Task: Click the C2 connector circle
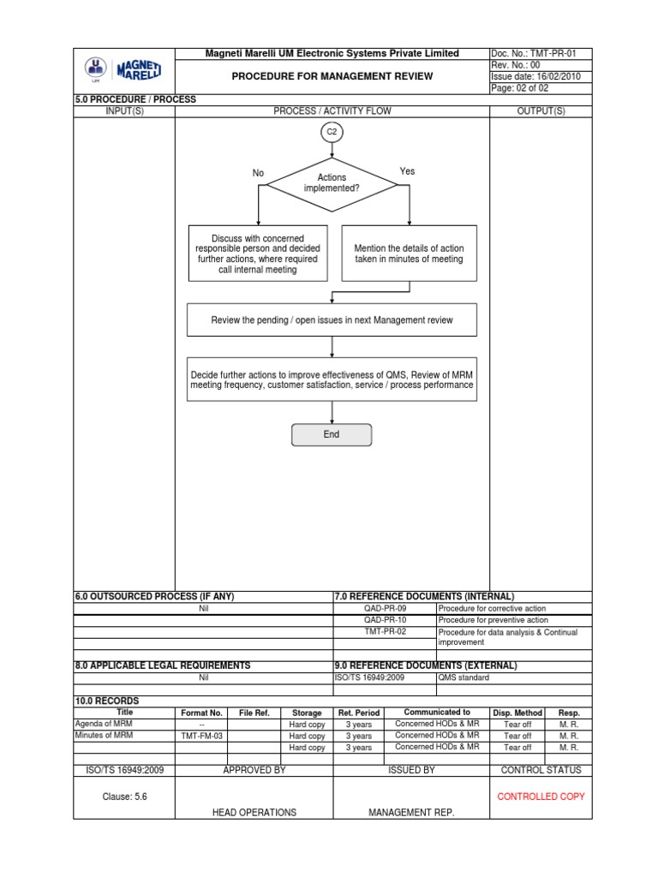click(332, 133)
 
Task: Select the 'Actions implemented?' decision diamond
click(332, 183)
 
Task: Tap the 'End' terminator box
click(332, 434)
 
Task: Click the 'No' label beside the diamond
click(258, 173)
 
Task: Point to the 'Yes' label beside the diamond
click(407, 171)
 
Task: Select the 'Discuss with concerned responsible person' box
click(257, 254)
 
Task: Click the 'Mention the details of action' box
click(409, 254)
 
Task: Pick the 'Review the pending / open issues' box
click(332, 320)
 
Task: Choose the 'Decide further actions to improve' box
click(332, 379)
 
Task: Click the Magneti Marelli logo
click(124, 70)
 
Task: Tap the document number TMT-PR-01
click(540, 53)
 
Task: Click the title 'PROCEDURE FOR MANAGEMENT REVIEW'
click(332, 76)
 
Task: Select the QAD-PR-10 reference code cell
click(385, 619)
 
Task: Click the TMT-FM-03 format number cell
click(201, 736)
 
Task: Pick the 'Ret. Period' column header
click(359, 713)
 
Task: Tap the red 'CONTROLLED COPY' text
click(541, 796)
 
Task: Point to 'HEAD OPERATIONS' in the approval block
click(254, 813)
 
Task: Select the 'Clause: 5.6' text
click(124, 796)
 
